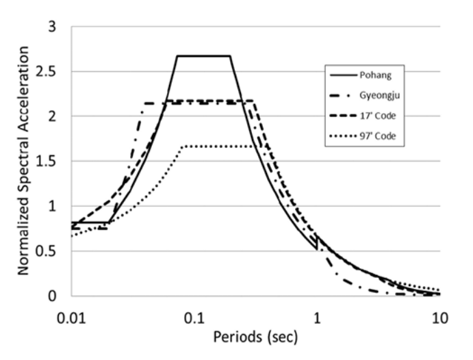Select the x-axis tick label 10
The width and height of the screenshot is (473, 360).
pos(439,319)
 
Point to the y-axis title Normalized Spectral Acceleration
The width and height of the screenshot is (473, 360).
pos(25,161)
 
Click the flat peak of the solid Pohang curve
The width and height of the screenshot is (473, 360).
pos(203,56)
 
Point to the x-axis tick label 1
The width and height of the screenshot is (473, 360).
pos(317,319)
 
